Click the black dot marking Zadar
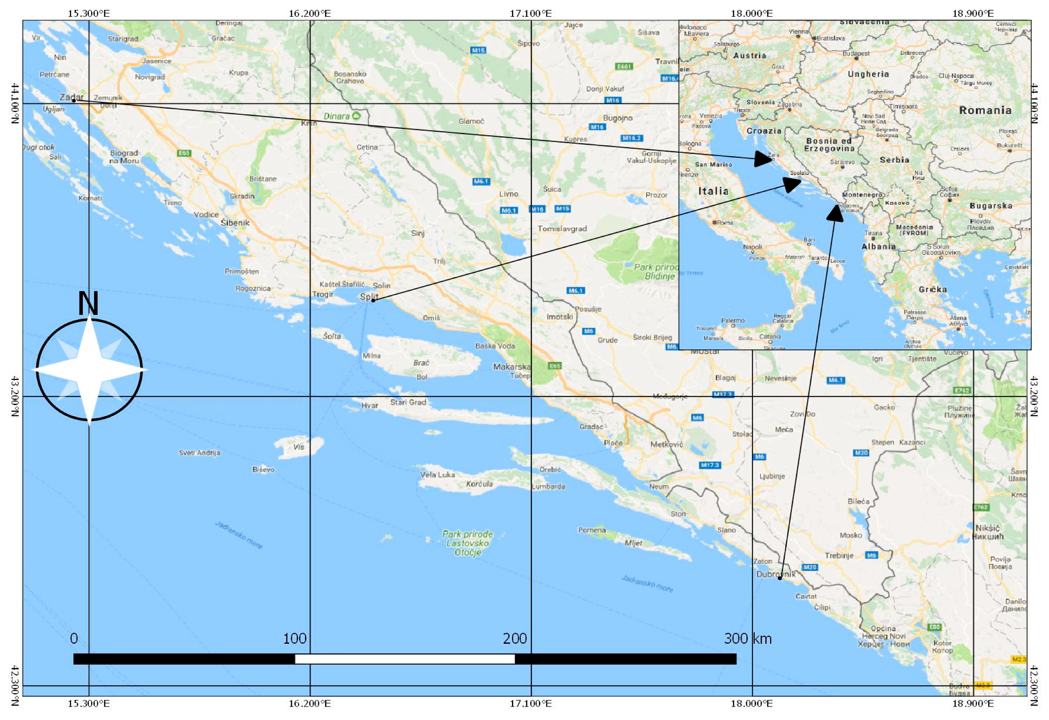[x=73, y=100]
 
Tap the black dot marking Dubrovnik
[x=780, y=578]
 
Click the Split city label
[x=369, y=296]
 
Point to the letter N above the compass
[x=88, y=304]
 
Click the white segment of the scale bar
[x=405, y=659]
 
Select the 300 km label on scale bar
[x=747, y=639]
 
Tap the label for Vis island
[x=299, y=447]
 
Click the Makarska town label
[x=511, y=367]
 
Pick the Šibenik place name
[x=235, y=223]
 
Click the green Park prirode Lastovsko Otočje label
[x=467, y=543]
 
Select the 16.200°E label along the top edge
[x=310, y=13]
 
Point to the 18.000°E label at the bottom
[x=751, y=704]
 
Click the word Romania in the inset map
[x=985, y=111]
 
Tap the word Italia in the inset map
[x=713, y=191]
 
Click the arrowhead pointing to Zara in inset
[x=763, y=159]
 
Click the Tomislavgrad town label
[x=562, y=229]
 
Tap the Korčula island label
[x=479, y=484]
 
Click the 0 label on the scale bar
[x=74, y=639]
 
